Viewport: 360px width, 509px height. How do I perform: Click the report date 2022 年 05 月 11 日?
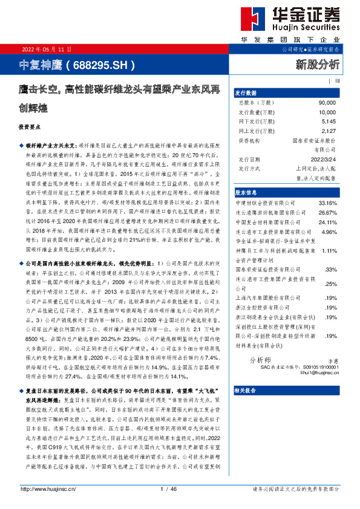(x=47, y=49)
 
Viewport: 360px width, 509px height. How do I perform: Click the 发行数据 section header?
(x=246, y=92)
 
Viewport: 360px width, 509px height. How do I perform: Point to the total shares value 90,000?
(x=327, y=103)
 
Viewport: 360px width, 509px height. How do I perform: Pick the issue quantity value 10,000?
(x=327, y=112)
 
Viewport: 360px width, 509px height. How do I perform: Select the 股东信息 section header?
(x=246, y=191)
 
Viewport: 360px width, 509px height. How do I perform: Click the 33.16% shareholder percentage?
(x=327, y=203)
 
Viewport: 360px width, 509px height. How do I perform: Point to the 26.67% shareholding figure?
(x=327, y=213)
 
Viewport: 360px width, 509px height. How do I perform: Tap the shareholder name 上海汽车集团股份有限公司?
(x=266, y=297)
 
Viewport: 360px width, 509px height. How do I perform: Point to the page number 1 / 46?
(x=169, y=489)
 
